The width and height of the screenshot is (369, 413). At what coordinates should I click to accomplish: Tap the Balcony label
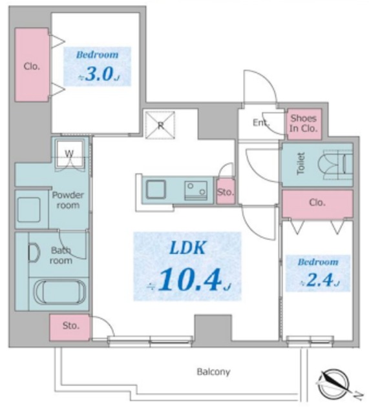(x=213, y=372)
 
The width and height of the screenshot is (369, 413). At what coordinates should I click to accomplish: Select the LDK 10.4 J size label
(x=187, y=267)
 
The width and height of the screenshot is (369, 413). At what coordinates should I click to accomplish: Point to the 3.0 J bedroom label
(x=98, y=66)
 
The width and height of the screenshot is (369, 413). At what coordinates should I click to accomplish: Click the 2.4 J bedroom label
(x=318, y=273)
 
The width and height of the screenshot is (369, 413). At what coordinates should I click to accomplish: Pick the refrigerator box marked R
(x=160, y=125)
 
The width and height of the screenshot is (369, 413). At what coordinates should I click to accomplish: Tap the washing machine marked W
(x=70, y=154)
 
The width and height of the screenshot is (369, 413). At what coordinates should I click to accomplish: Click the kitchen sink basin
(x=156, y=189)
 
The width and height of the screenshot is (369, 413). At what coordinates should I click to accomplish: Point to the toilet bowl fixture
(x=335, y=165)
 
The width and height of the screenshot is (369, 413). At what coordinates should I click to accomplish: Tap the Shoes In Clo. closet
(x=304, y=124)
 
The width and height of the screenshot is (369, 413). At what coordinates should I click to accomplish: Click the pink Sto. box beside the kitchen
(x=226, y=192)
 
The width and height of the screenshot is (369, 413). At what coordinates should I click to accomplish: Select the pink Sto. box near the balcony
(x=70, y=327)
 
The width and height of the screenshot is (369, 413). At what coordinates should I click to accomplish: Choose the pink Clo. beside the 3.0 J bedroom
(x=32, y=65)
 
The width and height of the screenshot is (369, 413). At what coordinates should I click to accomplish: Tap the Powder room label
(x=68, y=200)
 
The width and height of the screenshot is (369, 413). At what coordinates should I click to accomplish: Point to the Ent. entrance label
(x=261, y=123)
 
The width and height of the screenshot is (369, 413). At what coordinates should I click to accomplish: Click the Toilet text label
(x=300, y=163)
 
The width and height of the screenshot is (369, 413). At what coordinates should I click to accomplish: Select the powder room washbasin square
(x=28, y=210)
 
